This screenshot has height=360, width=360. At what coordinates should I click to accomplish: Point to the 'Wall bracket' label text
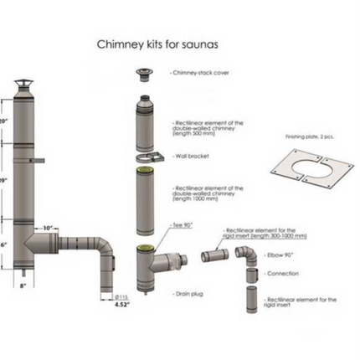[193, 156]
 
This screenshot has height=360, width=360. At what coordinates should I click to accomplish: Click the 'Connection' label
[282, 273]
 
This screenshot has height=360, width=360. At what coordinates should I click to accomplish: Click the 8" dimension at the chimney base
[23, 286]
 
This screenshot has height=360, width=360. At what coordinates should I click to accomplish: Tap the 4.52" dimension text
[121, 305]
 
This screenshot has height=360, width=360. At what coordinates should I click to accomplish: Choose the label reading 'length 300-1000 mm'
[266, 235]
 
